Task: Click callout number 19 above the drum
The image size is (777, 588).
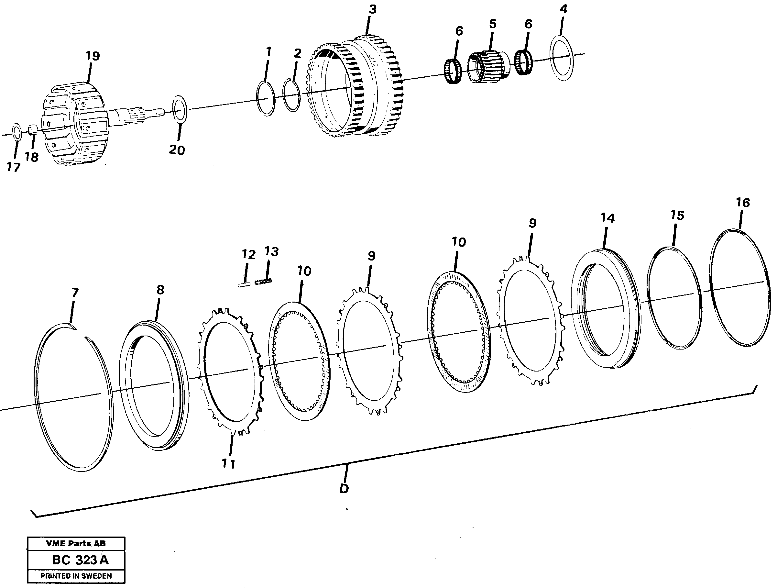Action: (x=93, y=56)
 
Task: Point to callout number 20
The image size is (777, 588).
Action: (x=177, y=150)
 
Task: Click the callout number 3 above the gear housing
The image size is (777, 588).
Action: (x=373, y=9)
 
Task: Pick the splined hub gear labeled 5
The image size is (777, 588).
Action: (x=487, y=66)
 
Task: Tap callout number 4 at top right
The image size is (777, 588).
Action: (x=563, y=9)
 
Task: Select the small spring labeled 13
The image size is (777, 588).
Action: (x=263, y=282)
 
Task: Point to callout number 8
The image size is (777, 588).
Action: (x=160, y=290)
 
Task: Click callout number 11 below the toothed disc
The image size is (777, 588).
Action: (x=228, y=464)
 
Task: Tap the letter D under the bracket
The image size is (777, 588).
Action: (x=344, y=489)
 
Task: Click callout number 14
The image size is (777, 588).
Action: (x=607, y=218)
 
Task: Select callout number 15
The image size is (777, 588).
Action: (x=677, y=215)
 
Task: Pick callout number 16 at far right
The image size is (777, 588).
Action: (x=743, y=203)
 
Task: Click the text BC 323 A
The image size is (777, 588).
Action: (x=81, y=560)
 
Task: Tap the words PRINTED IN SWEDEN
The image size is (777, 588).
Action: (x=76, y=576)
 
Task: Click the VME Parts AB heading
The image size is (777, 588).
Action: (x=76, y=543)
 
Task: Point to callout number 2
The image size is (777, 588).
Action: (x=297, y=53)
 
